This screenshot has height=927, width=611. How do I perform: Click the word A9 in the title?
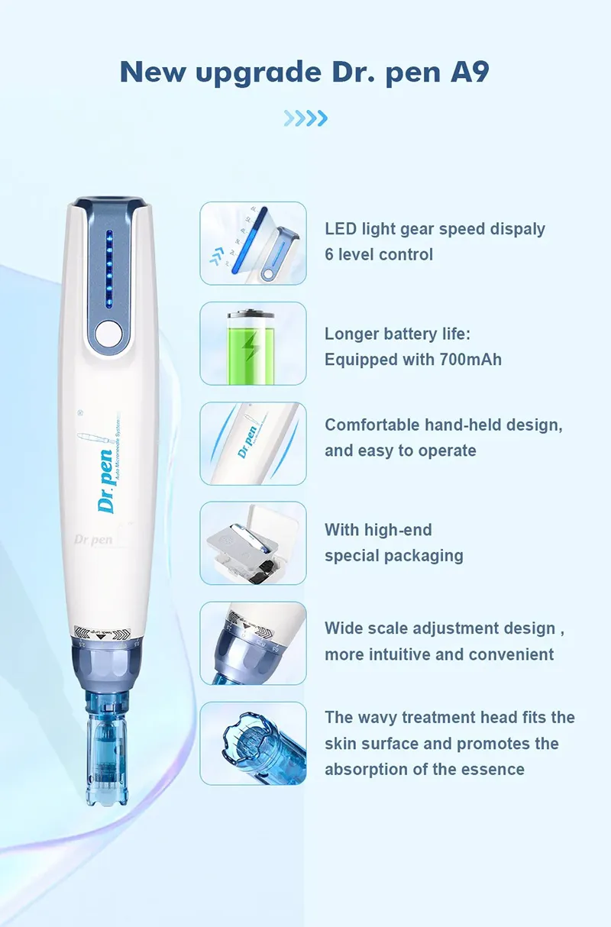[467, 72]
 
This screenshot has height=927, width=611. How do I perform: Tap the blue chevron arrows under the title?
[305, 118]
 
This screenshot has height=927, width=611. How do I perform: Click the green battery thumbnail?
[253, 343]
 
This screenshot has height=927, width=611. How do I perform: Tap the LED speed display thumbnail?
[253, 243]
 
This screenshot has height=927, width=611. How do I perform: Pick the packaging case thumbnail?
[253, 543]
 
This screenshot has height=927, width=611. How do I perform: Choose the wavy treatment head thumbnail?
[253, 743]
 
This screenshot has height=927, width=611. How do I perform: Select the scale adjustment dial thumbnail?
[253, 643]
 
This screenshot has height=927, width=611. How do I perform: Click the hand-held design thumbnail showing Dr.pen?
[253, 443]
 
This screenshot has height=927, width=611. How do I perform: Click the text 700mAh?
[470, 359]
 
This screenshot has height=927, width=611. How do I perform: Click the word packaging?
[425, 555]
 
